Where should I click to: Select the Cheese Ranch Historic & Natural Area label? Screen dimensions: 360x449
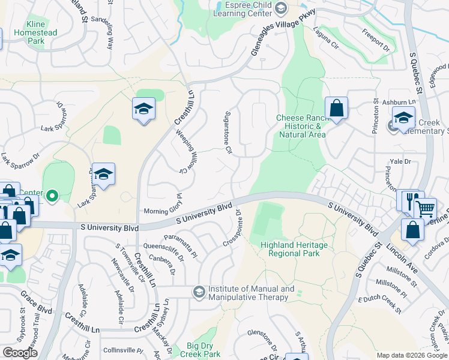coord(302,126)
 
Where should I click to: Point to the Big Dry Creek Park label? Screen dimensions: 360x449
coord(203,350)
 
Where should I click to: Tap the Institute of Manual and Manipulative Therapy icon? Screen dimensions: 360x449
coord(199,292)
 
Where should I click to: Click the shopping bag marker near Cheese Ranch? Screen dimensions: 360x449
coord(337,109)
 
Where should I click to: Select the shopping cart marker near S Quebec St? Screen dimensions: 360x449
coord(425,209)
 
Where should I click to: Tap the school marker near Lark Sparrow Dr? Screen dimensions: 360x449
coord(104,174)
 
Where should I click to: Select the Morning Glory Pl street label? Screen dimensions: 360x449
coord(163,210)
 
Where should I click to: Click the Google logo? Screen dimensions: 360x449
coord(20,353)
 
